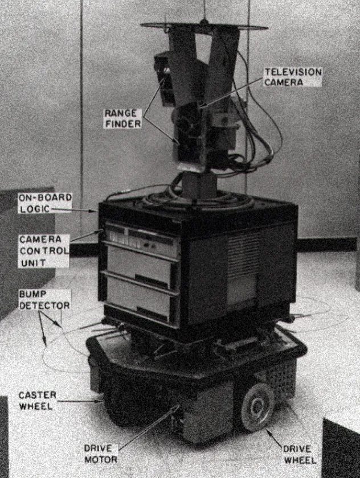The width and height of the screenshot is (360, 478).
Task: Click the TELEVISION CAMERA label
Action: pyautogui.click(x=293, y=77)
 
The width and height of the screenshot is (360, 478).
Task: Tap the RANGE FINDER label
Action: pyautogui.click(x=122, y=118)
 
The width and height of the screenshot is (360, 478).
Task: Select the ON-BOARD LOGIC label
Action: pyautogui.click(x=45, y=203)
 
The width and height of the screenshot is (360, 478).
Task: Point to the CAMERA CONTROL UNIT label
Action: pyautogui.click(x=44, y=251)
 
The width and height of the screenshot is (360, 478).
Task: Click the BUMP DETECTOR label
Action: pyautogui.click(x=44, y=300)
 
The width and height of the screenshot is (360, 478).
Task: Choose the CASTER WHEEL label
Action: pyautogui.click(x=37, y=401)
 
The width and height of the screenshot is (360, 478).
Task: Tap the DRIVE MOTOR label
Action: pyautogui.click(x=101, y=454)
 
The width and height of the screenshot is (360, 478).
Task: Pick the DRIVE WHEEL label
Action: pyautogui.click(x=300, y=454)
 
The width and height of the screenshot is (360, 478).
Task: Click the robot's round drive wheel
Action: pyautogui.click(x=258, y=407)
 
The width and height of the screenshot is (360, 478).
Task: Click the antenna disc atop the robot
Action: pyautogui.click(x=204, y=27)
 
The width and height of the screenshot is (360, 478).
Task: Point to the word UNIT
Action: pyautogui.click(x=33, y=262)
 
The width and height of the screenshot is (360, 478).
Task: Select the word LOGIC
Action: pyautogui.click(x=35, y=209)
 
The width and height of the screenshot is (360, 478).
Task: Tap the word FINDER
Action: pyautogui.click(x=123, y=123)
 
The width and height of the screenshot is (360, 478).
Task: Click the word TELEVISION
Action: pyautogui.click(x=293, y=72)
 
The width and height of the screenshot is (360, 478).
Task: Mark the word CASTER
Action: pyautogui.click(x=38, y=395)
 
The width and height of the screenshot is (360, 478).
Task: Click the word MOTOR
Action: pyautogui.click(x=101, y=459)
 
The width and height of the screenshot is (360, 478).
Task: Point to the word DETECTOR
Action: pyautogui.click(x=44, y=305)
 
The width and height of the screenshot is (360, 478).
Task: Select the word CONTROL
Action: pyautogui.click(x=44, y=251)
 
